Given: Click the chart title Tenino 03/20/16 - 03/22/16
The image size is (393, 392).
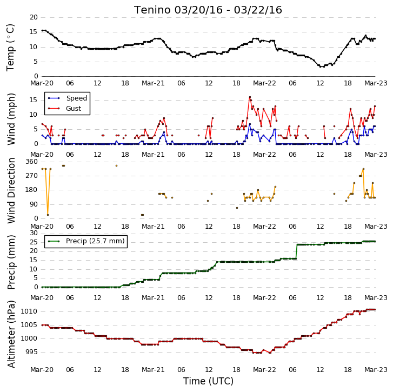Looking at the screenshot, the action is [x=208, y=10].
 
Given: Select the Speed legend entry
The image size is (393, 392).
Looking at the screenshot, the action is [x=68, y=98].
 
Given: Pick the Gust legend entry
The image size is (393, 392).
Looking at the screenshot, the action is [x=65, y=109].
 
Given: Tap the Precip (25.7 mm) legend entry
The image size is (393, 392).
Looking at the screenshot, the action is [x=86, y=241].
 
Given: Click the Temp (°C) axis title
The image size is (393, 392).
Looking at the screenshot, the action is [x=10, y=48].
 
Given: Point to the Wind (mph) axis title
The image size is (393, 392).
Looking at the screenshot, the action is [x=11, y=119].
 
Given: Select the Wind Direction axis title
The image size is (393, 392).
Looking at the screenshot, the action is [x=11, y=190].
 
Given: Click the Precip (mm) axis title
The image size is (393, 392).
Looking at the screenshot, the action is [x=11, y=262].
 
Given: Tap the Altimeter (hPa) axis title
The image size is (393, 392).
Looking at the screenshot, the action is [x=11, y=334].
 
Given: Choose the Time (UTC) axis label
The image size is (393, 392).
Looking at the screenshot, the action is [x=208, y=381].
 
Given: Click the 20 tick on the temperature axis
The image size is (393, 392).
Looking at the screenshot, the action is [x=34, y=17].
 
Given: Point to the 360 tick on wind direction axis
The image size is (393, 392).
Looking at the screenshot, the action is [x=31, y=162].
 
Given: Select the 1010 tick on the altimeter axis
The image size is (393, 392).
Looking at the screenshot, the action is [x=29, y=311].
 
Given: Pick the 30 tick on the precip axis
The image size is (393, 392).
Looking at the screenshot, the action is [x=34, y=233].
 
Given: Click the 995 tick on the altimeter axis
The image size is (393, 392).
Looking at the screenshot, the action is [x=31, y=352].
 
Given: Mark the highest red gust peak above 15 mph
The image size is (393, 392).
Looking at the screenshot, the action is [x=250, y=97].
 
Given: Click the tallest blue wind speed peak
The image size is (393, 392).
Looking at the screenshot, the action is [x=250, y=124].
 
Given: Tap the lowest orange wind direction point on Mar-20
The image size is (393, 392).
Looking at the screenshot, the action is [x=48, y=215].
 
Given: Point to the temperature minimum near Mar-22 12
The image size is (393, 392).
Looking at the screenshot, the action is [x=321, y=67].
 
